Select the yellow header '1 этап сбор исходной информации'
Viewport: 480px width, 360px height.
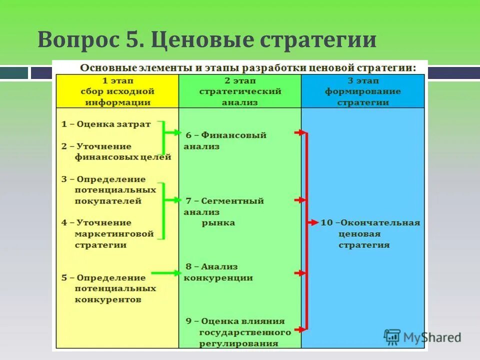coord(117,91)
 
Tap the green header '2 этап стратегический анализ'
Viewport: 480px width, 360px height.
coord(240,91)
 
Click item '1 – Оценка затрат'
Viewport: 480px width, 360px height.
coord(106,124)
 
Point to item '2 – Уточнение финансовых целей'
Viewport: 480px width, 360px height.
coord(116,151)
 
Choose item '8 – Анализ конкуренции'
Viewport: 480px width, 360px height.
coord(218,272)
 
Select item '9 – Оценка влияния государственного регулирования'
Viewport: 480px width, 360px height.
coord(237,332)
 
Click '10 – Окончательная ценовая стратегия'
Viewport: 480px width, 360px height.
coord(370,233)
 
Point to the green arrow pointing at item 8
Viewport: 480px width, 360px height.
coord(165,272)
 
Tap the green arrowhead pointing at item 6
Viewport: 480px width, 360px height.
coord(177,132)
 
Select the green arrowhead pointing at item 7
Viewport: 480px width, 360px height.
coord(177,200)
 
